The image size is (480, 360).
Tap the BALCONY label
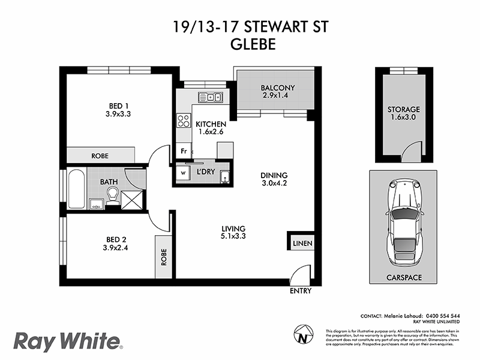pyautogui.click(x=277, y=89)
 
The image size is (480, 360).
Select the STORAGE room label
pyautogui.click(x=403, y=110)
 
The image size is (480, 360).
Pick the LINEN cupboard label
pyautogui.click(x=302, y=243)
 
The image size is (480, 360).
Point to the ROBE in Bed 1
pyautogui.click(x=100, y=155)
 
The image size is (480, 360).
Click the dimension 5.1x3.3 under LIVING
pyautogui.click(x=234, y=236)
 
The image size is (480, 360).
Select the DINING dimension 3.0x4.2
pyautogui.click(x=274, y=185)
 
